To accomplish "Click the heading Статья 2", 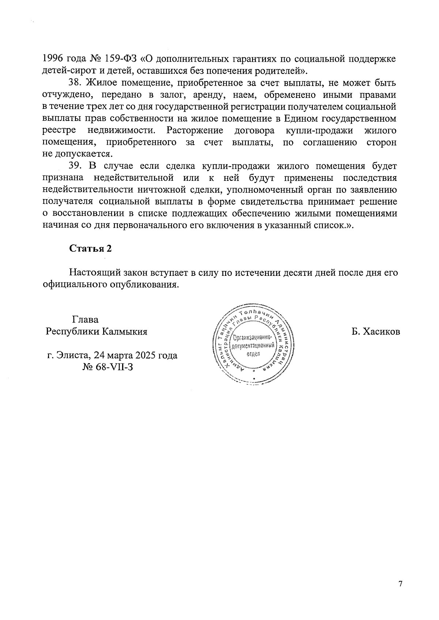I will click(90, 248).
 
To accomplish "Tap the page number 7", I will click(400, 584).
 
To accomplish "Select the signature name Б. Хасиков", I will click(376, 332).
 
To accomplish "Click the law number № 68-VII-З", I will click(108, 366).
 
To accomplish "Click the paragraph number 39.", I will click(76, 166).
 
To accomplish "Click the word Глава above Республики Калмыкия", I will click(85, 320).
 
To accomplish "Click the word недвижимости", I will click(121, 130).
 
